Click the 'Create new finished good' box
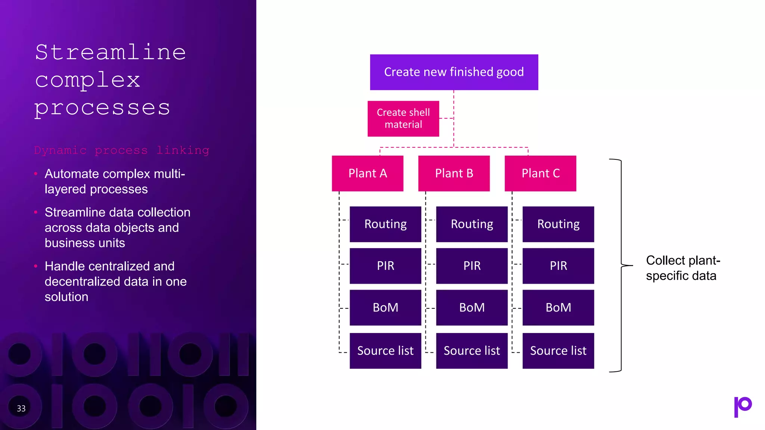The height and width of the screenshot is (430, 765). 454,72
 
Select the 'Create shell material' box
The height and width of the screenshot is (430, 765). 403,118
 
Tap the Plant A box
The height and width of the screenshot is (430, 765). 368,173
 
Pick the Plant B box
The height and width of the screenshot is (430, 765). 454,173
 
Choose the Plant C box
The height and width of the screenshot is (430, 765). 540,173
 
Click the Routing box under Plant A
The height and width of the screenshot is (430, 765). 385,224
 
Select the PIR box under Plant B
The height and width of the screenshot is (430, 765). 472,266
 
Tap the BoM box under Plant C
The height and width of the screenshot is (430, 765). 558,308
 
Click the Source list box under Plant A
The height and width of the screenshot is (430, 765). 385,350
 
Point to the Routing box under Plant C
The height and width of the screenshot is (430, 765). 558,224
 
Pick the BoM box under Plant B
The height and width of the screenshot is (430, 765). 472,308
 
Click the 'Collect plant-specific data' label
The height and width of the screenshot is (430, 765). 682,268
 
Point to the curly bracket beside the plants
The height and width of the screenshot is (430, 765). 621,265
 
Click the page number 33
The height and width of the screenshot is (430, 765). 21,408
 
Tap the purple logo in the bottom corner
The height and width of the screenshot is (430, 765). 743,406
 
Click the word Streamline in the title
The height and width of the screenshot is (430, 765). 111,52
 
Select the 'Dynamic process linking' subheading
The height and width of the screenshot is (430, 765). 121,150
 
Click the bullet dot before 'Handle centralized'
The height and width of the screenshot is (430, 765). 36,266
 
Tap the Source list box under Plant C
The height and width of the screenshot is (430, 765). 558,350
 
